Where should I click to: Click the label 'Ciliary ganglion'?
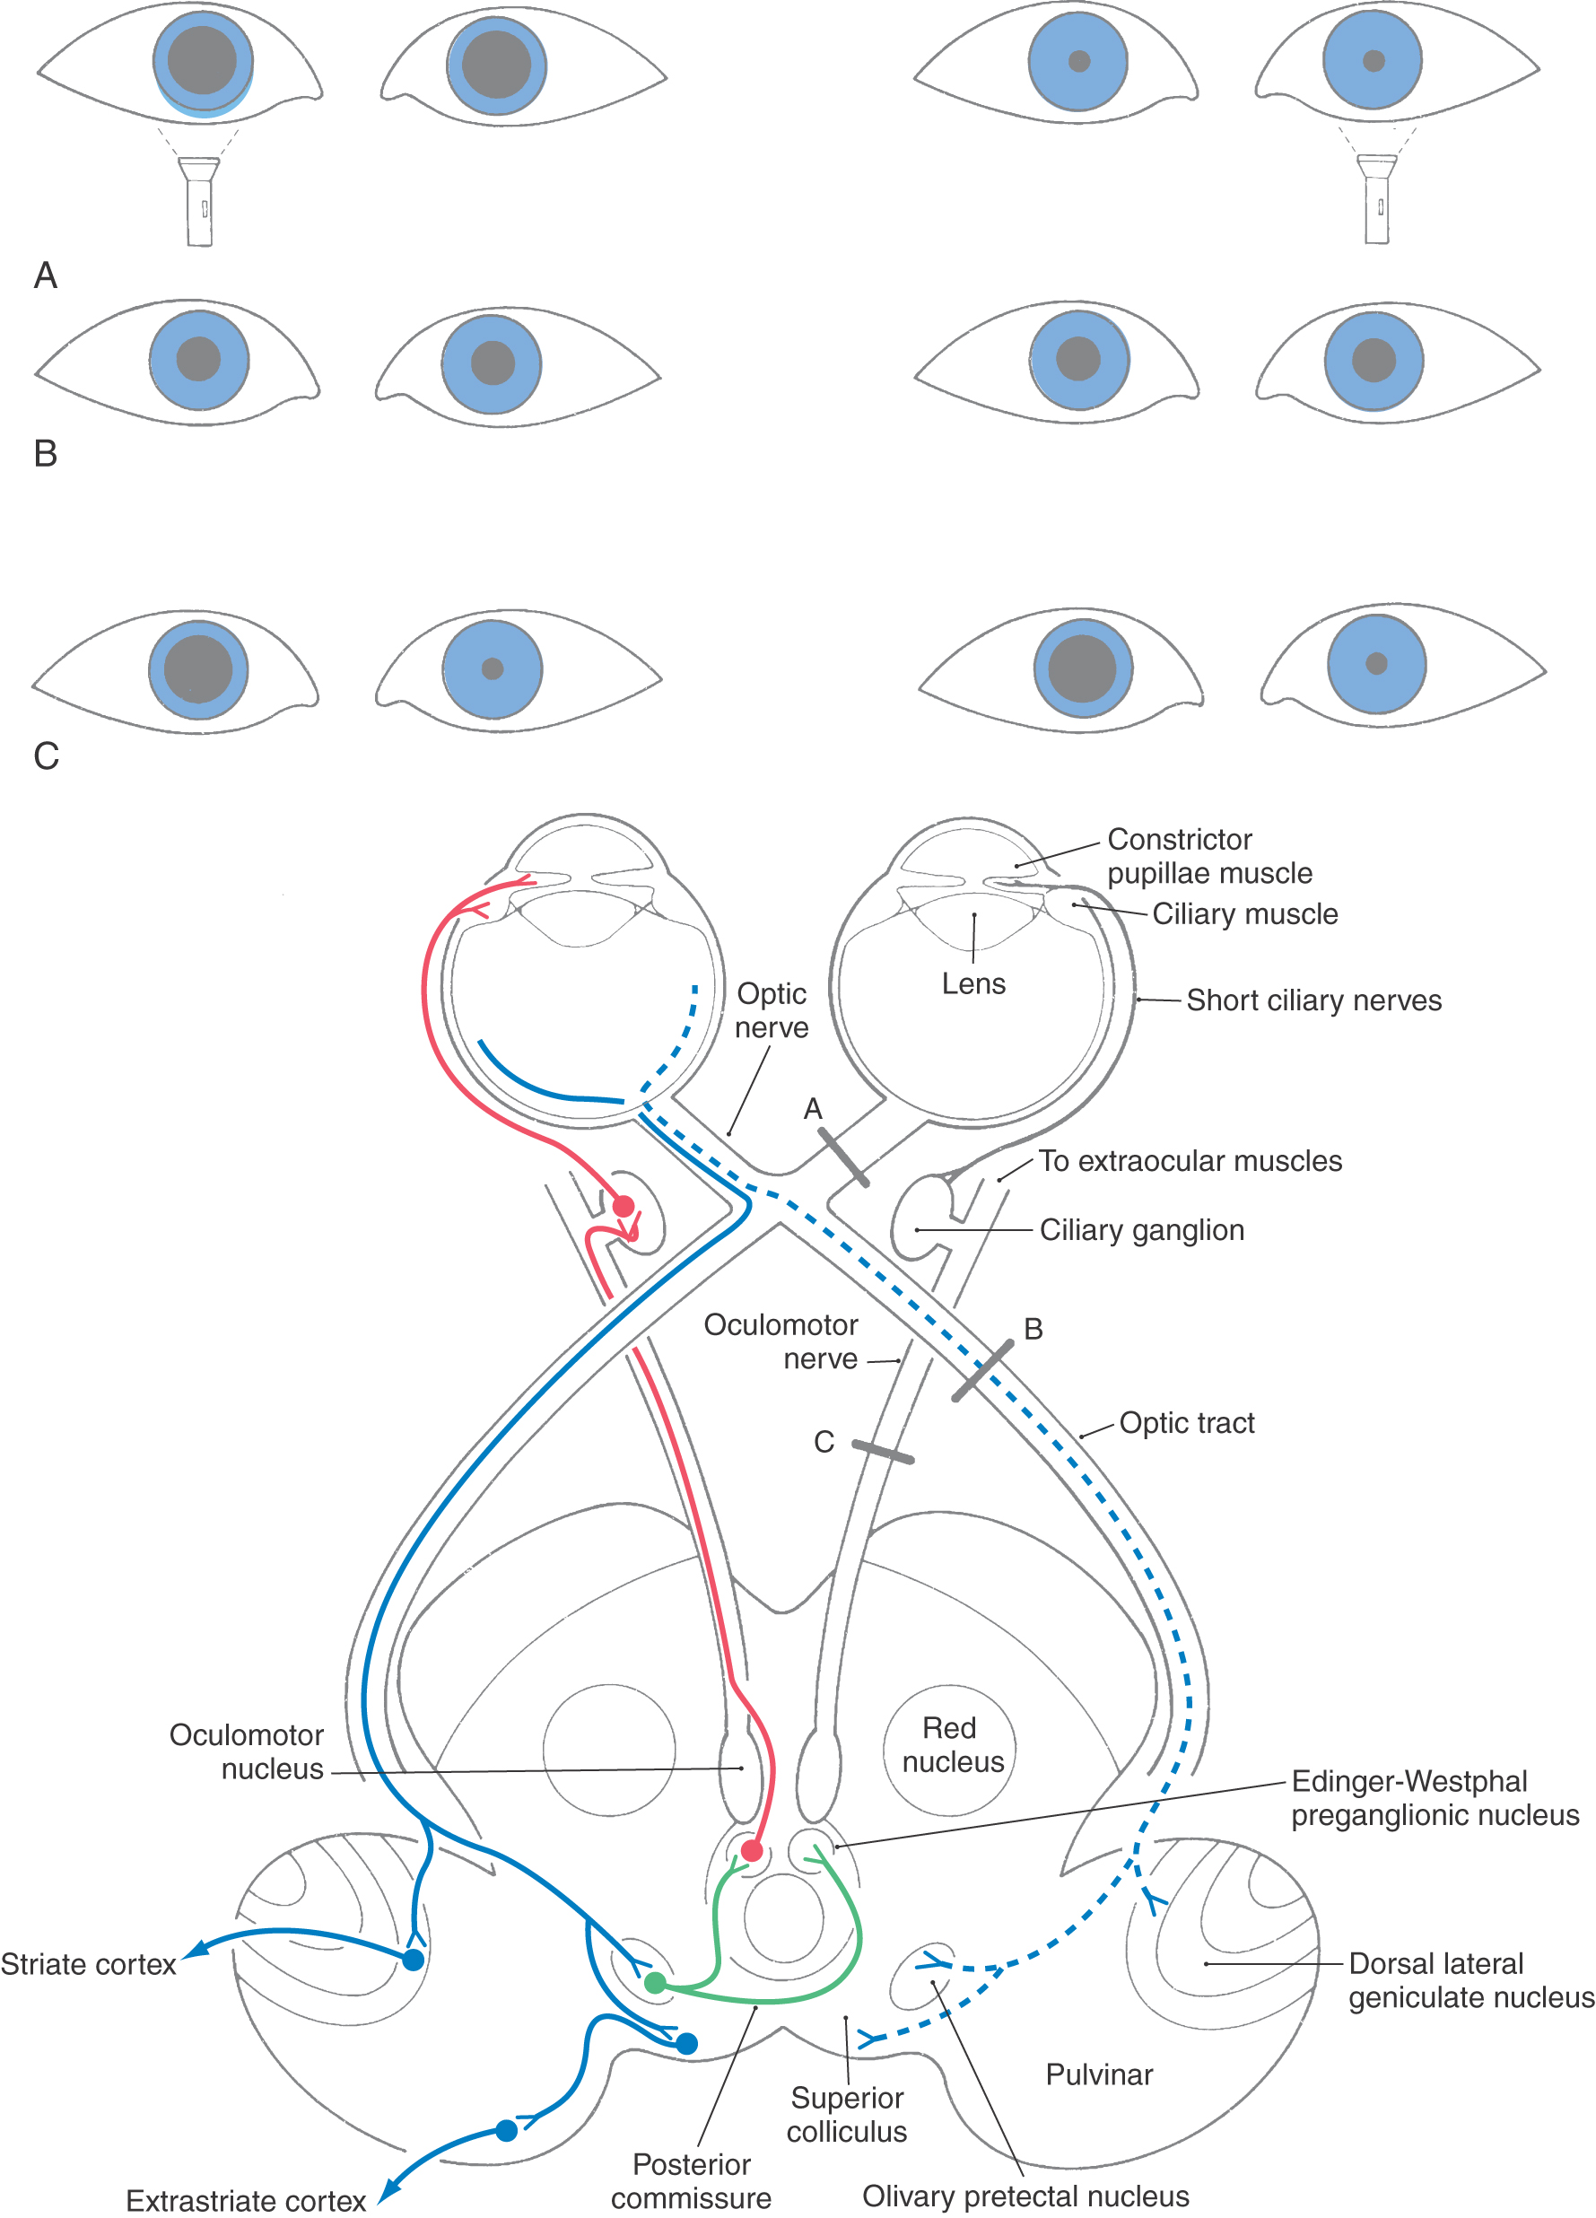tap(1141, 1229)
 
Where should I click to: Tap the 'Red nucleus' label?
tap(953, 1744)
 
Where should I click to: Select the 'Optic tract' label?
tap(1186, 1423)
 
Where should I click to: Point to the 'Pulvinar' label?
tap(1099, 2074)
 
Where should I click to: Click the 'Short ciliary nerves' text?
tap(1313, 1000)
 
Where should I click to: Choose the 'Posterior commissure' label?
tap(692, 2181)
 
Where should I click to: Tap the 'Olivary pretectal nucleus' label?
tap(1025, 2196)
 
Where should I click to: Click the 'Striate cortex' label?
tap(88, 1964)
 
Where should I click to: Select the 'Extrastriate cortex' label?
tap(246, 2200)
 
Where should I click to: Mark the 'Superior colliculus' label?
tap(847, 2114)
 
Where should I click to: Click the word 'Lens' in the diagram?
tap(973, 983)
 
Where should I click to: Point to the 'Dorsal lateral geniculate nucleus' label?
tap(1470, 1980)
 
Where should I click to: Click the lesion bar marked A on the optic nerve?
tap(843, 1157)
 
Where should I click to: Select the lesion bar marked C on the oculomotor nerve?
tap(882, 1453)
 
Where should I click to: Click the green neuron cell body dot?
tap(655, 1983)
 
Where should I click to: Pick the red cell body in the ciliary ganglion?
tap(623, 1206)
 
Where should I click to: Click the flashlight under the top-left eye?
tap(199, 202)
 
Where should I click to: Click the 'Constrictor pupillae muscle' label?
tap(1208, 856)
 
